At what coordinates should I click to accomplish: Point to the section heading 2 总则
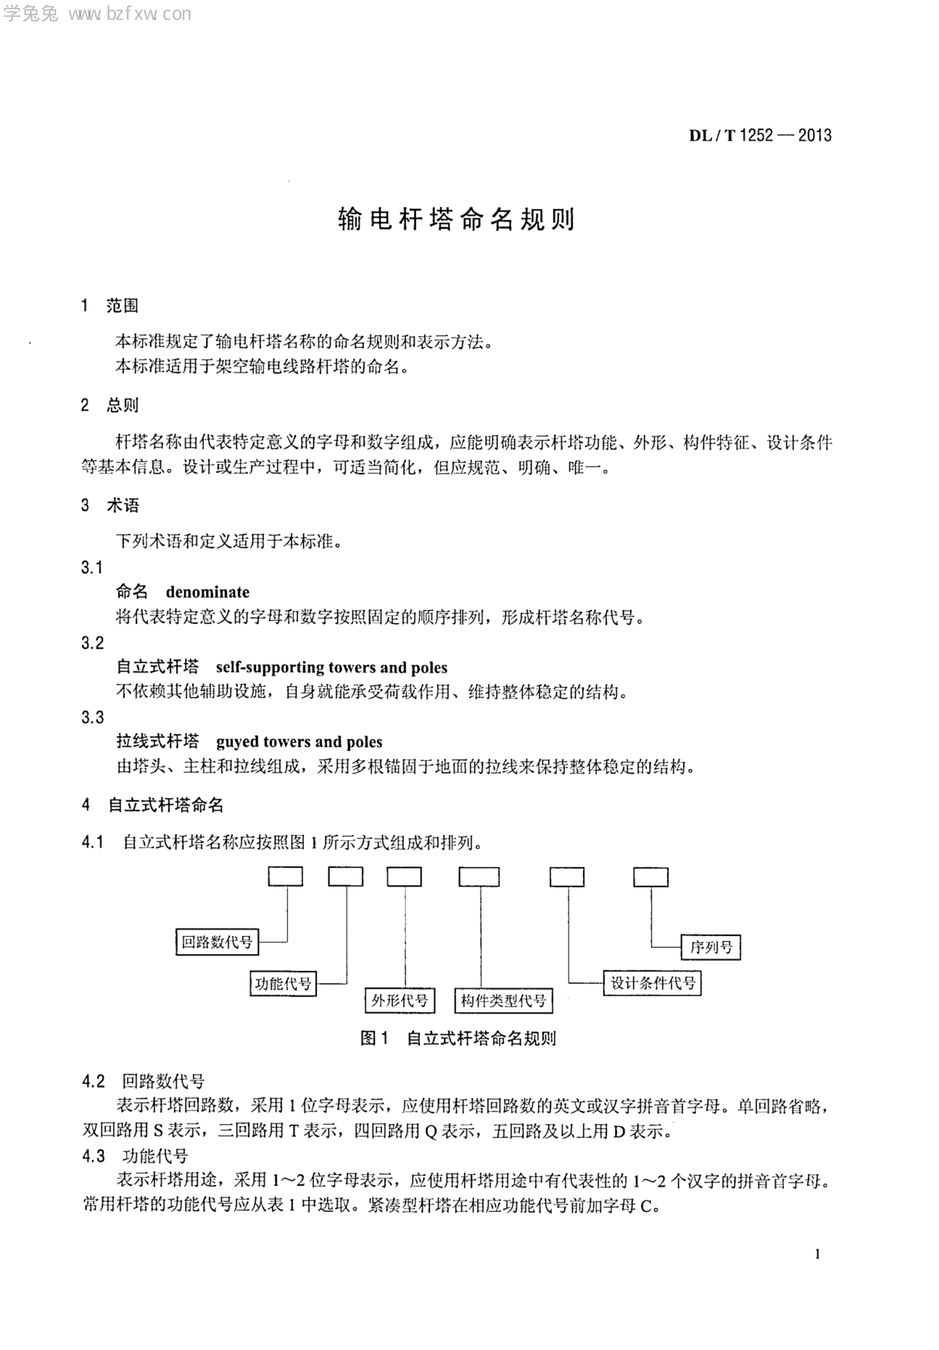(110, 404)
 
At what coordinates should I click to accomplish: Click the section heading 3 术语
(110, 505)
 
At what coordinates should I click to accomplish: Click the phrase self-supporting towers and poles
(331, 667)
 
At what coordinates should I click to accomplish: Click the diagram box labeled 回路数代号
(217, 942)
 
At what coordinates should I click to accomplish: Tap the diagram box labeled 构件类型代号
(503, 1000)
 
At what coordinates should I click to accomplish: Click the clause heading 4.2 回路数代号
(143, 1081)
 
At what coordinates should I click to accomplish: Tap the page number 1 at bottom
(817, 1254)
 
